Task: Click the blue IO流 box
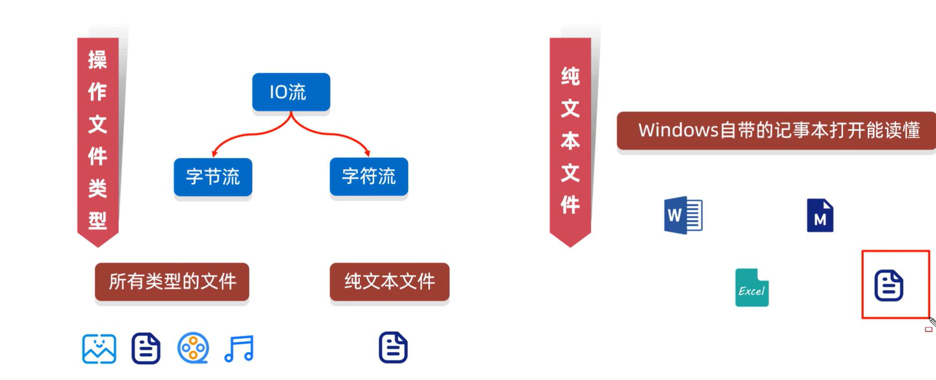click(x=291, y=92)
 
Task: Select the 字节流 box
click(x=213, y=177)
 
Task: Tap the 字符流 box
click(x=369, y=176)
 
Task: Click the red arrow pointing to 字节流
click(x=239, y=137)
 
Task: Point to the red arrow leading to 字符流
click(x=344, y=137)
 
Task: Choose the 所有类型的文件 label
click(x=172, y=282)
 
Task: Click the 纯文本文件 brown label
click(x=390, y=282)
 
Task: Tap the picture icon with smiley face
click(x=99, y=349)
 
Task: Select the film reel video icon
click(x=193, y=348)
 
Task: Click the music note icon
click(x=240, y=348)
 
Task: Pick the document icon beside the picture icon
click(x=146, y=348)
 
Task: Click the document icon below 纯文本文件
click(x=393, y=347)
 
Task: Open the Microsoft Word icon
click(x=683, y=215)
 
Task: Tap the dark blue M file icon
click(x=820, y=216)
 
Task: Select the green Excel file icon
click(x=752, y=288)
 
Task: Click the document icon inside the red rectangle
click(x=889, y=285)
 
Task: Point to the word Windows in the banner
click(x=678, y=130)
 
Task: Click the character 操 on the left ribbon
click(x=98, y=60)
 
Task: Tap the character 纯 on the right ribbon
click(x=570, y=76)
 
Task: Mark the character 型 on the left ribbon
click(x=98, y=220)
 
